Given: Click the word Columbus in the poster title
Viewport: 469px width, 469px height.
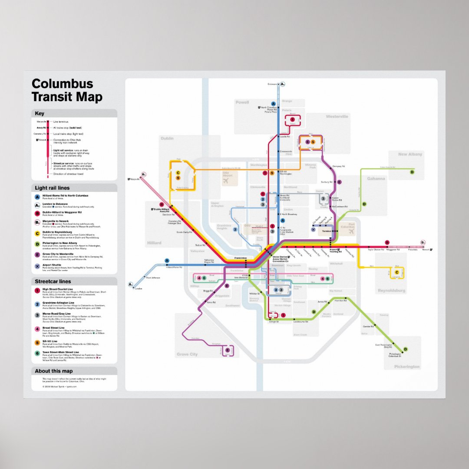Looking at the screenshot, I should coord(63,84).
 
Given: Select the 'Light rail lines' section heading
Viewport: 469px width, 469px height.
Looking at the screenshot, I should coord(52,188).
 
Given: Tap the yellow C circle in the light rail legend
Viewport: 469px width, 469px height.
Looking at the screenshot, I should coord(37,233).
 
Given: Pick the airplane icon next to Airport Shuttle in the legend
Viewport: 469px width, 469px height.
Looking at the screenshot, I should coord(37,266).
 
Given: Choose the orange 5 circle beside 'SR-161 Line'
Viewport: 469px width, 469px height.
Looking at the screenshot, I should coord(37,343).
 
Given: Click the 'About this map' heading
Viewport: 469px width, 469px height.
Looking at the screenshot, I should coord(54,371).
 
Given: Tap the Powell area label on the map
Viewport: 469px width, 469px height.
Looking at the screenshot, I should coord(242,102).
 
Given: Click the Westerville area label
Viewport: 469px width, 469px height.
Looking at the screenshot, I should coord(337,117).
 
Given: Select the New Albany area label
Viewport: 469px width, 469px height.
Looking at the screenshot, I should coord(410,154).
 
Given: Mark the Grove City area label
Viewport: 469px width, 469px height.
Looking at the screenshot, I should coord(187,354).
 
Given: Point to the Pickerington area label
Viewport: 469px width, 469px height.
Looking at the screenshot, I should coord(407,367).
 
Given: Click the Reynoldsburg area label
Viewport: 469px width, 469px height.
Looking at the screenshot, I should coord(391,290).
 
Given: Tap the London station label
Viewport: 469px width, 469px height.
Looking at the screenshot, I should coord(139,289).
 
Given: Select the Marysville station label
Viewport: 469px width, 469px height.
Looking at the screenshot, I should coord(135,179).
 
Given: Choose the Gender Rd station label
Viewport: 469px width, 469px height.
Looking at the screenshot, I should coord(368,326).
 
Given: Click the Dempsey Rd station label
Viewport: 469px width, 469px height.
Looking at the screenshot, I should coord(339,166).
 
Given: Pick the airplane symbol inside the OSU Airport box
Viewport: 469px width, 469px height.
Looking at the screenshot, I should coord(225,182).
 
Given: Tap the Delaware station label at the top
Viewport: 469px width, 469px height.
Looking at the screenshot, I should coord(272,84).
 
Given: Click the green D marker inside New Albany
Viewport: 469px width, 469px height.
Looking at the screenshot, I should coord(412,172).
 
